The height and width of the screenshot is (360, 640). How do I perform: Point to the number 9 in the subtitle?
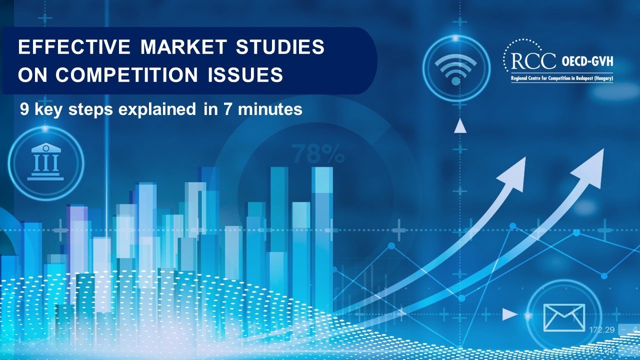point(23,109)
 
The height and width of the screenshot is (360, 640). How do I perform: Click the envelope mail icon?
point(564,316)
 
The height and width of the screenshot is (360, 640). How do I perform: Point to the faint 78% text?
point(318,154)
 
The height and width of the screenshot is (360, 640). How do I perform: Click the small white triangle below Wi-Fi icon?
point(459,127)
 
